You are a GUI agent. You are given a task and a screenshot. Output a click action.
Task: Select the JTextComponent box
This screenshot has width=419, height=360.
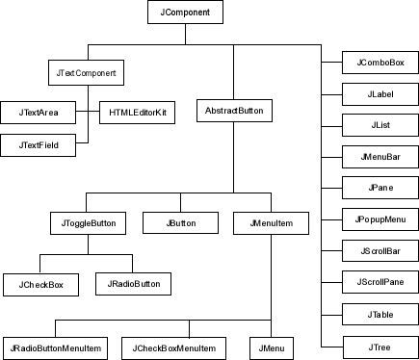88,72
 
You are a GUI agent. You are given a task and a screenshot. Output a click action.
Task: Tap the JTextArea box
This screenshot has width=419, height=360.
39,113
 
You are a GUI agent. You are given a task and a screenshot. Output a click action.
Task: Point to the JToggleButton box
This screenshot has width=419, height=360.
88,223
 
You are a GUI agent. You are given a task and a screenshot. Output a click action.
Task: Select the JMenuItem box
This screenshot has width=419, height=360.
270,223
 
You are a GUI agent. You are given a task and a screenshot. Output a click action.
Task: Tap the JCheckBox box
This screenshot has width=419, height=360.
39,284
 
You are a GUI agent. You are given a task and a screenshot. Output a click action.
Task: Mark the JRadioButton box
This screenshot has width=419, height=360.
134,284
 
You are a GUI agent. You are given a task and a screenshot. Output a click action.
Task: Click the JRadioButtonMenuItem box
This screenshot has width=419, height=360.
55,346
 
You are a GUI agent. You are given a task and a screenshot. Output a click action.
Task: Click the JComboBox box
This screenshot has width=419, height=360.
380,64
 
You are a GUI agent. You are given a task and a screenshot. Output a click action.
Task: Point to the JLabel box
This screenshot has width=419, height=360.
380,94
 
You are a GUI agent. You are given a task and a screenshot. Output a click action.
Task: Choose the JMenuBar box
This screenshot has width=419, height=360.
380,157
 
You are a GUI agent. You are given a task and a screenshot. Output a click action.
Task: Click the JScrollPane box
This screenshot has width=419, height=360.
380,282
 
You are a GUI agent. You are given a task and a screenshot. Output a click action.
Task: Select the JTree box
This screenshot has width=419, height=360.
380,344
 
